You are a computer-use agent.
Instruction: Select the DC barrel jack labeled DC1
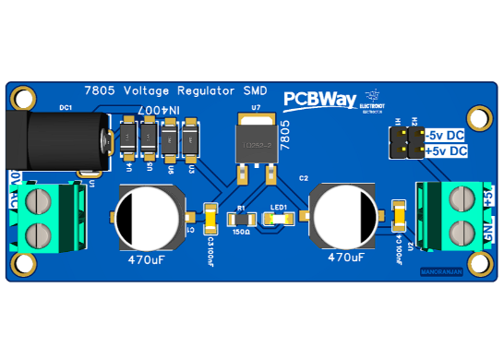[x=55, y=140]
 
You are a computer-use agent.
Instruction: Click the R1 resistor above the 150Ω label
[x=243, y=220]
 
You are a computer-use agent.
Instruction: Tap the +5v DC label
[x=448, y=150]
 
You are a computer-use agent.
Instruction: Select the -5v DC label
[x=447, y=135]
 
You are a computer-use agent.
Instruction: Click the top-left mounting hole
[x=23, y=97]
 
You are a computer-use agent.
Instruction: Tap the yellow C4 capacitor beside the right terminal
[x=399, y=216]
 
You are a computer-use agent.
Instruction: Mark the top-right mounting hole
[x=477, y=117]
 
